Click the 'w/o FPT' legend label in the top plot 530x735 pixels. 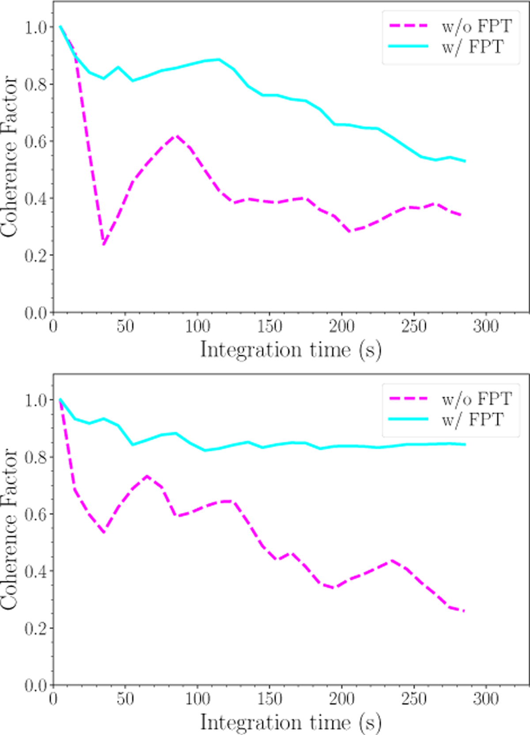pos(477,26)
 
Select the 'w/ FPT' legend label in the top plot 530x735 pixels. pos(472,46)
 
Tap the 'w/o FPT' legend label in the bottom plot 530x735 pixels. pos(477,399)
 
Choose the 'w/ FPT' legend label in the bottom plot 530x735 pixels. pos(472,419)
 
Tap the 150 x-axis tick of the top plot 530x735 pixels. pos(269,327)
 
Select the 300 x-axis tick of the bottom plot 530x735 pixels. pos(486,699)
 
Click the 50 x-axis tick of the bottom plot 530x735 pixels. pos(125,699)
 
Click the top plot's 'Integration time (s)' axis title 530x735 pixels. pos(291,350)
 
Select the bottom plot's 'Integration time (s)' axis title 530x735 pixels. pos(291,722)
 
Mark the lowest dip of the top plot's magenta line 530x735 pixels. pos(104,244)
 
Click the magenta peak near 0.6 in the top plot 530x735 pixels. pos(177,136)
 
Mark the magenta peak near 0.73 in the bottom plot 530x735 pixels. pos(147,476)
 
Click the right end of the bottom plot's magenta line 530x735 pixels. pos(465,611)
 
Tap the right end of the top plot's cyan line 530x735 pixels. pos(465,161)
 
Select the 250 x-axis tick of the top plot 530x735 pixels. pos(414,327)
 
